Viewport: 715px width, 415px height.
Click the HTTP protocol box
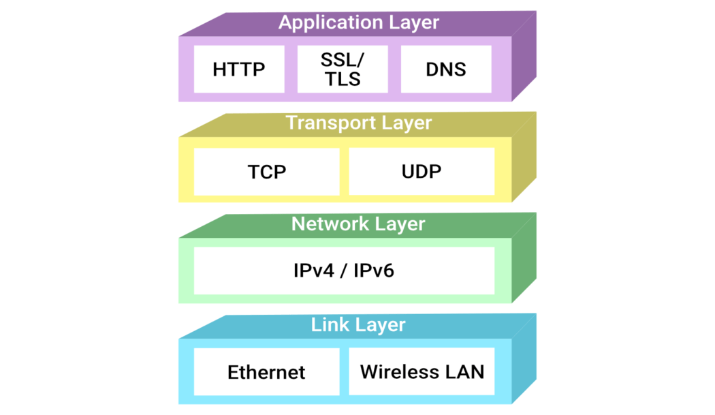[x=238, y=69]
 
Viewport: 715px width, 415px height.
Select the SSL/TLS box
[x=342, y=69]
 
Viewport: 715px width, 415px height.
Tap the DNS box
[x=445, y=69]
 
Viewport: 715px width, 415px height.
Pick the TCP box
[x=266, y=172]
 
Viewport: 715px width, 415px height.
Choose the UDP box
[x=422, y=171]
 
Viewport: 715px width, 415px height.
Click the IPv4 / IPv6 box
[x=344, y=271]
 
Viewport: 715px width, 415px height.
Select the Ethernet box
[x=266, y=372]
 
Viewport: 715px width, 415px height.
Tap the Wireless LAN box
[x=422, y=371]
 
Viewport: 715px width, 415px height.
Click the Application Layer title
[x=359, y=22]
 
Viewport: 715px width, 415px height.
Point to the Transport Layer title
[x=359, y=123]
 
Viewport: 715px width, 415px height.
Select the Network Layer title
[x=358, y=224]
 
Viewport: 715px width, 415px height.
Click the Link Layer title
[x=358, y=325]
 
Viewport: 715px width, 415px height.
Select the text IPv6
[x=373, y=271]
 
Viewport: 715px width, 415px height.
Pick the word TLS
[x=342, y=79]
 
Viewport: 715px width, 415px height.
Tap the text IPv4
[x=313, y=271]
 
